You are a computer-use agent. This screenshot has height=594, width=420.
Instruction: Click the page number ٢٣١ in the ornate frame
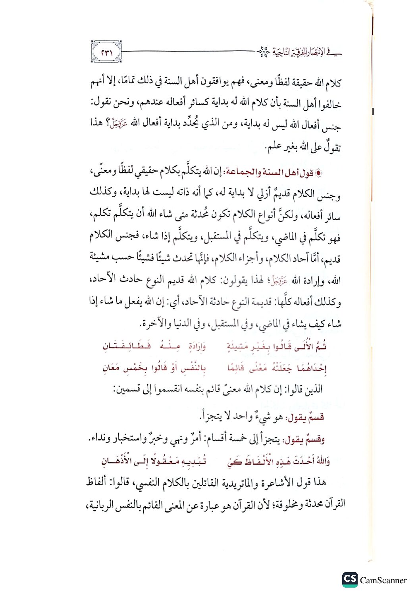106,52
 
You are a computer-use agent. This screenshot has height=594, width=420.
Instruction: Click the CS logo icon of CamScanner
350,579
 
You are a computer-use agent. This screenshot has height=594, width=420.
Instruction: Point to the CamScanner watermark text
383,581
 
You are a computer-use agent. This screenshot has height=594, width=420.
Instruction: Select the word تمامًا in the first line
123,82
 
